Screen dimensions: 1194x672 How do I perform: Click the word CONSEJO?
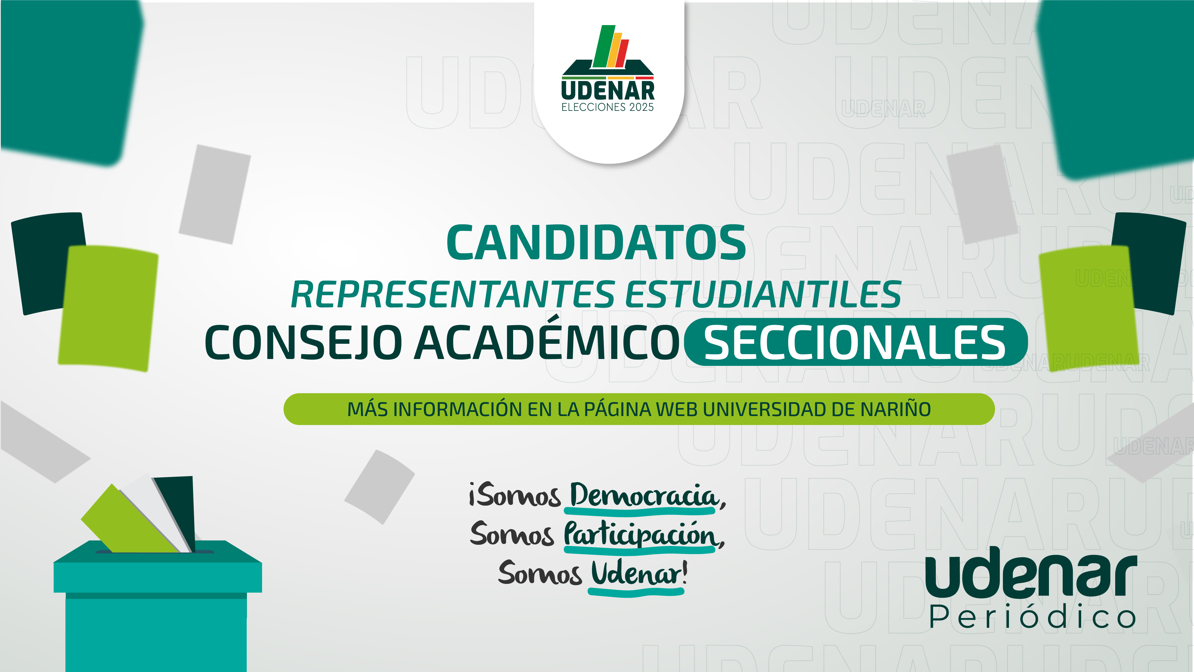pyautogui.click(x=304, y=342)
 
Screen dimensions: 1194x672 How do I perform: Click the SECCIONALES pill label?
pyautogui.click(x=855, y=342)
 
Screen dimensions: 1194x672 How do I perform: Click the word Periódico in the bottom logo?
pyautogui.click(x=1032, y=617)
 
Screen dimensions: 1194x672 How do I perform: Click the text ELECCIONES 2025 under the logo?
pyautogui.click(x=608, y=107)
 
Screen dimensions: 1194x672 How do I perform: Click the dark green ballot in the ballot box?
pyautogui.click(x=175, y=513)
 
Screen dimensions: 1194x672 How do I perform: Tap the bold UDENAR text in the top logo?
pyautogui.click(x=608, y=90)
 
